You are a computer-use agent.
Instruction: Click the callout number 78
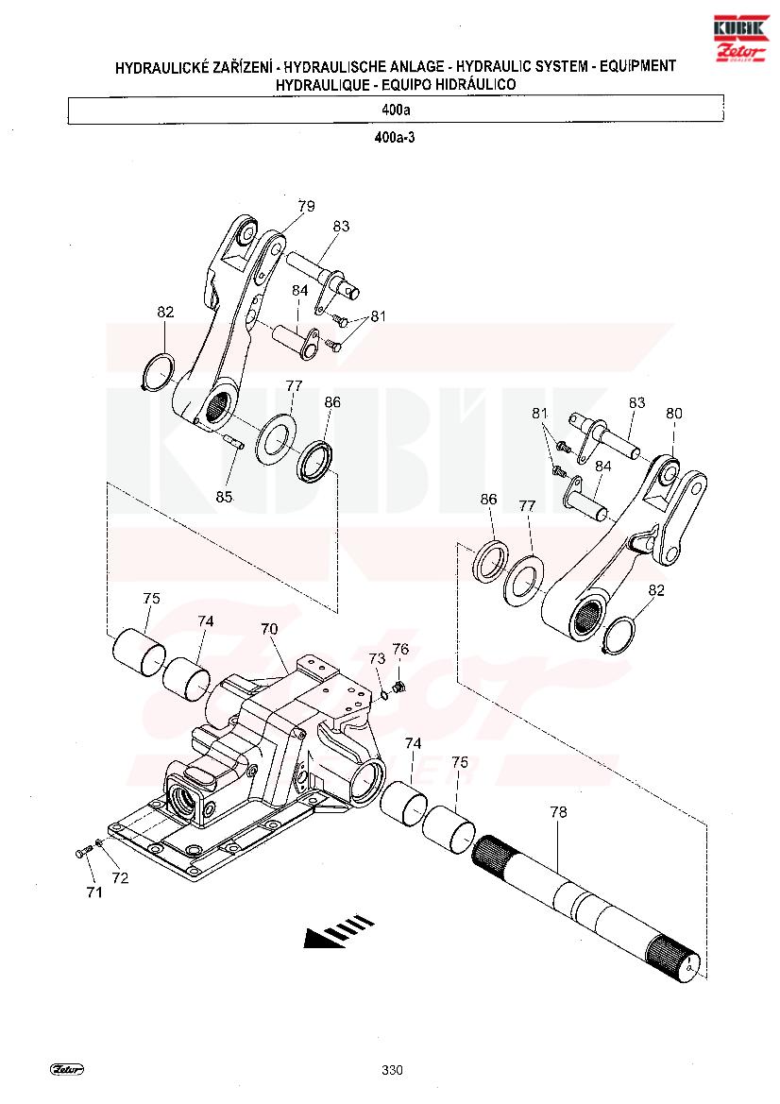coord(558,812)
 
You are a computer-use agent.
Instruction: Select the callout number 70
coord(270,629)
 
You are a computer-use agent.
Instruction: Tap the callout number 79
coord(306,206)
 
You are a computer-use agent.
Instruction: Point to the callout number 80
coord(673,414)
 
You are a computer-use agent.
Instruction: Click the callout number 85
coord(224,497)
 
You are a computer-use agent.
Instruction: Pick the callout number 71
coord(94,892)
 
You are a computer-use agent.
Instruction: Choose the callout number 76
coord(400,649)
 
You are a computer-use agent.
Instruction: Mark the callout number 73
coord(378,658)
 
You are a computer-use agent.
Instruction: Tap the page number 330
coord(392,1070)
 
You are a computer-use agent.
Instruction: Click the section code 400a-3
coord(395,138)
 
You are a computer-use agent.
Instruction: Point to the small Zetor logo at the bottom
coord(68,1069)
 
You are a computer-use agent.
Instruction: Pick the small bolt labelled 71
coord(82,852)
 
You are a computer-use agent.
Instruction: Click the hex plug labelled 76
coord(398,686)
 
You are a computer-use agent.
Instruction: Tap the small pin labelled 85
coord(232,441)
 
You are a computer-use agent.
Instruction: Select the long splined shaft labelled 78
coord(587,908)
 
